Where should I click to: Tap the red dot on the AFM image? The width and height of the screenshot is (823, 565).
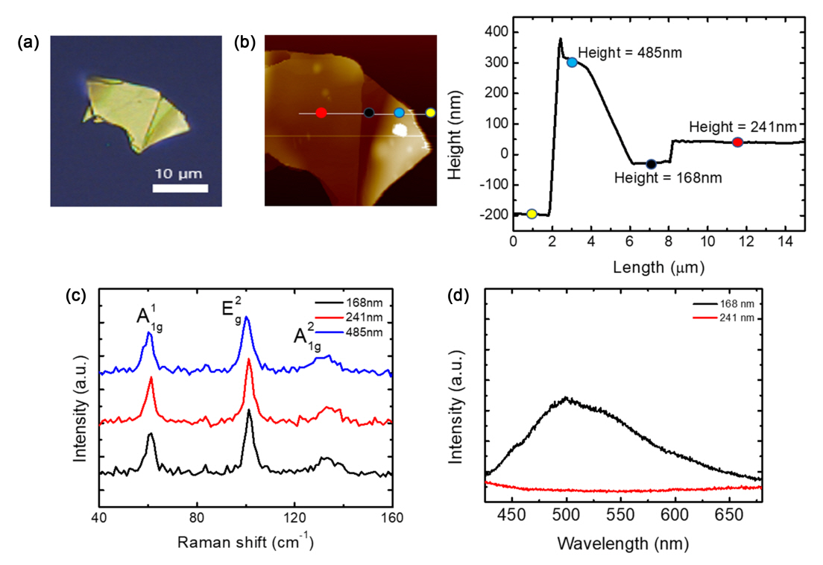point(321,113)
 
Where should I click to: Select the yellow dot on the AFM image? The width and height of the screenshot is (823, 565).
point(430,113)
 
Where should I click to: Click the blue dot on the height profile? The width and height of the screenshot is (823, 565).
point(572,62)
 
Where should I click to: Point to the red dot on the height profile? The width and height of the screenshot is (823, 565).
point(737,142)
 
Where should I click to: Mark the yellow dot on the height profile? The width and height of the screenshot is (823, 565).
point(532,214)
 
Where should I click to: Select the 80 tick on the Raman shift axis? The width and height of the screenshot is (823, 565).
point(197,517)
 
